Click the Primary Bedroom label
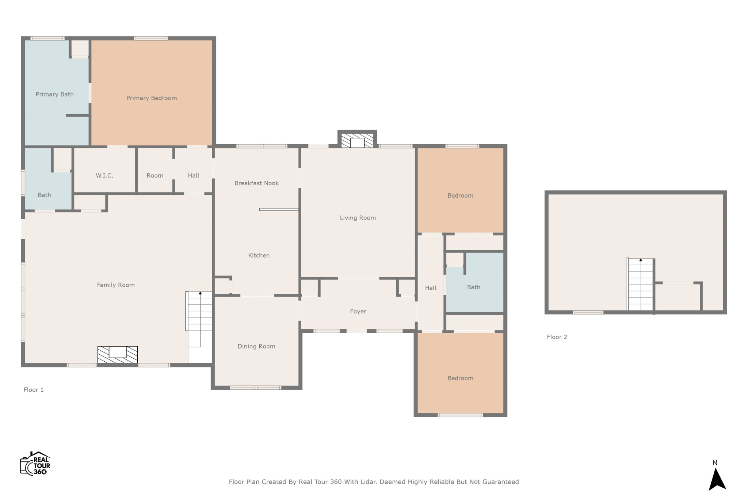(x=152, y=98)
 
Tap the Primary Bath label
(x=55, y=94)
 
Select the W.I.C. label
(x=104, y=175)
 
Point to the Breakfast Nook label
(x=256, y=183)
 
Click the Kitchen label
(x=259, y=255)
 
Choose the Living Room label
(x=358, y=218)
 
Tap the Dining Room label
(x=256, y=346)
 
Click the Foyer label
(x=358, y=311)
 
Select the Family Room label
(x=116, y=285)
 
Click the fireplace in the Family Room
(x=118, y=354)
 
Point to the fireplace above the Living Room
(x=357, y=140)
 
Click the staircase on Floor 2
(x=640, y=284)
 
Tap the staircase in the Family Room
(x=199, y=319)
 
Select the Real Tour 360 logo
(x=35, y=464)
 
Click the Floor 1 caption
(x=34, y=390)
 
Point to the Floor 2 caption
(x=557, y=337)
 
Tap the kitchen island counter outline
(x=279, y=209)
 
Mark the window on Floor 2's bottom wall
(x=588, y=312)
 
